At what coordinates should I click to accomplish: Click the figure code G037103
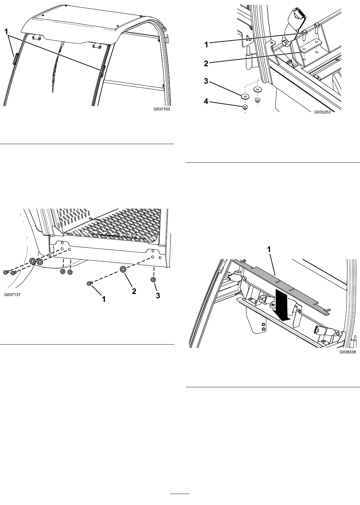pos(162,109)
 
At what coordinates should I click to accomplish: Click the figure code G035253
pos(323,112)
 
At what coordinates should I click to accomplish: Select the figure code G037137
pos(12,295)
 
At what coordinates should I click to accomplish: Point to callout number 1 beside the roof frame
pos(7,32)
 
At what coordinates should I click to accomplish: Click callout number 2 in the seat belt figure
pos(206,63)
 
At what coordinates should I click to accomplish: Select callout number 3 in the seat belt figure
pos(206,81)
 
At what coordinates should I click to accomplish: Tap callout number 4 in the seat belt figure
pos(206,102)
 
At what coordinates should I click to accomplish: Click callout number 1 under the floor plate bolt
pos(104,299)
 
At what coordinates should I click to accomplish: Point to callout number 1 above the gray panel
pos(269,249)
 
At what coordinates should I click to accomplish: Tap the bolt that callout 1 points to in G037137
pos(89,283)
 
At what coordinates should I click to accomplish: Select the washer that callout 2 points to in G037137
pos(123,269)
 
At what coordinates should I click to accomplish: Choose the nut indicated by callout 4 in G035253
pos(245,107)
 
